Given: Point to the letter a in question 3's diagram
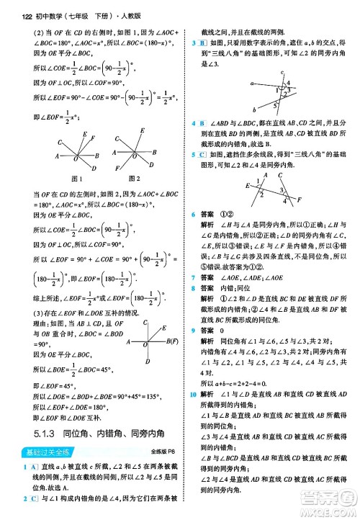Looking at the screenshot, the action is (248, 83).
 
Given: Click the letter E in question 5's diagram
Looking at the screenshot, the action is (247, 186).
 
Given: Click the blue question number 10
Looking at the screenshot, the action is (195, 395).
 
